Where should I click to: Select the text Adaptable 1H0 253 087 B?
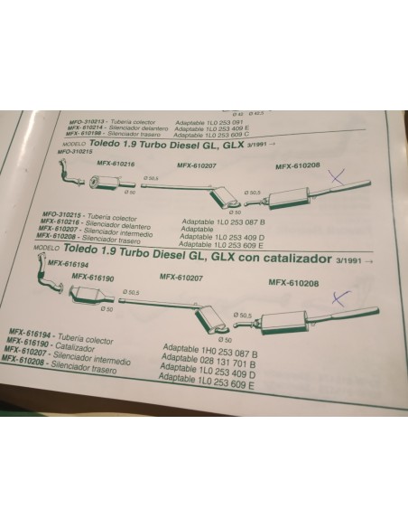[208, 348]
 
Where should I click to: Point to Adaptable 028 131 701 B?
[209, 357]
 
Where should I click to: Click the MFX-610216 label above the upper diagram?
[115, 164]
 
